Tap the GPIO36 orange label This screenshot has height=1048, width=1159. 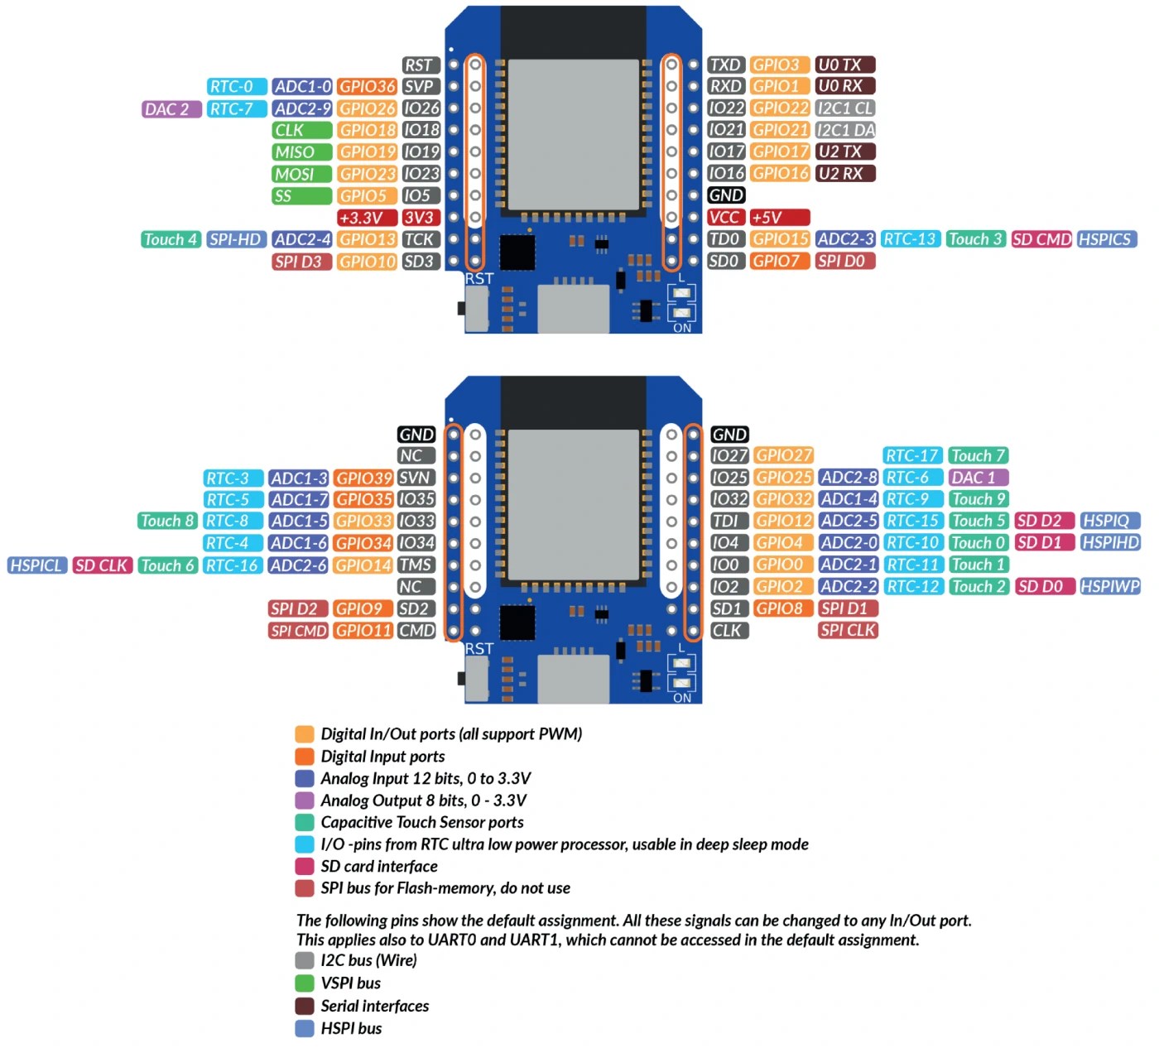coord(367,87)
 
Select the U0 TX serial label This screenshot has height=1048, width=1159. coord(844,65)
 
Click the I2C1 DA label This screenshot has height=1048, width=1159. coord(844,130)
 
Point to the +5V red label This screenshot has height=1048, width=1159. coord(779,218)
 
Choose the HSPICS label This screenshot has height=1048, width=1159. coord(1107,239)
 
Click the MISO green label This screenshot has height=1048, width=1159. coord(301,152)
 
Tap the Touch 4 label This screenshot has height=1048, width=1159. coord(171,239)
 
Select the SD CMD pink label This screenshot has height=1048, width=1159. coord(1041,239)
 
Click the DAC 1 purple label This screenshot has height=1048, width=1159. coord(978,478)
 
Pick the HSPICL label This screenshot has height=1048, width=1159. coord(36,565)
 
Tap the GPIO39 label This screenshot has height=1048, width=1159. coord(363,478)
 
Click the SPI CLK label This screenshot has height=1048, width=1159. coord(847,630)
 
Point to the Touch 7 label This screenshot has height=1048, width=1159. coord(978,455)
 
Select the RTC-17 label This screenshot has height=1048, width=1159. coord(912,455)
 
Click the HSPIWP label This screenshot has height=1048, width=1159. coord(1110,586)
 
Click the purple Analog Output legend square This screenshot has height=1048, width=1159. coord(305,800)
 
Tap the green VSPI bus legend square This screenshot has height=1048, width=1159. coord(305,983)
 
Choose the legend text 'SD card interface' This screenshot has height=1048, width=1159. coord(379,867)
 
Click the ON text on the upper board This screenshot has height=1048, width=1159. coord(682,328)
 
